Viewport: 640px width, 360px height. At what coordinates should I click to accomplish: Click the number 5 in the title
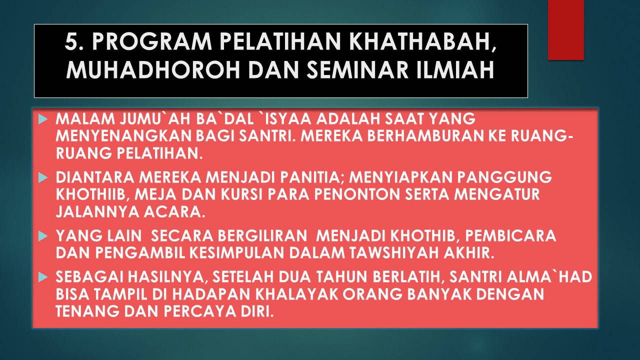[72, 42]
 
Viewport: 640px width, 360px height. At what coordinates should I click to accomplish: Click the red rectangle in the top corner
[565, 30]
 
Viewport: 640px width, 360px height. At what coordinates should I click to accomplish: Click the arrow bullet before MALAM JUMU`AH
[43, 119]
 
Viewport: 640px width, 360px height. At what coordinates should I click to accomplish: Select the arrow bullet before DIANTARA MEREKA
[43, 177]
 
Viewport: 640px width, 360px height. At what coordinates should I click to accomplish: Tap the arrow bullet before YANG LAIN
[43, 236]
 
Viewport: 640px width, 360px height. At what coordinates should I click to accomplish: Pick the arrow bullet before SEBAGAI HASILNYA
[43, 277]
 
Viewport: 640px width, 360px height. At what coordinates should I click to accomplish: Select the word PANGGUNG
[504, 177]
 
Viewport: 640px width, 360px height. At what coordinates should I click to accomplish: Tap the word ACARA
[174, 212]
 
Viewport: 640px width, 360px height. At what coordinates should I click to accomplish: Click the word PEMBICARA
[510, 235]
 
